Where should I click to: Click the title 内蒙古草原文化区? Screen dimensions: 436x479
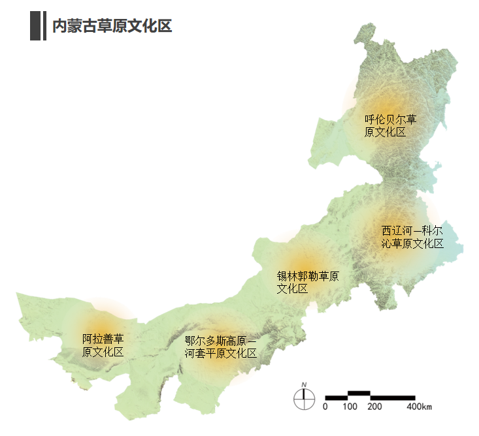pos(112,26)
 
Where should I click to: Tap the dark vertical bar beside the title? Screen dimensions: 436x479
pos(35,26)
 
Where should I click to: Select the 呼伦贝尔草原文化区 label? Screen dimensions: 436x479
pos(391,126)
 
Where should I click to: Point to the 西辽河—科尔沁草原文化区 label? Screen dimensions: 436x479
pos(412,238)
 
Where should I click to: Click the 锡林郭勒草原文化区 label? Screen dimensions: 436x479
pos(308,282)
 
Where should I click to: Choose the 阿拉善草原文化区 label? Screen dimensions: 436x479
pos(103,346)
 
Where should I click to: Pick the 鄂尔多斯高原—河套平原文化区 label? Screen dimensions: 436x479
pos(221,347)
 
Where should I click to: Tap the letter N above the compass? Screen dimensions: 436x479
pos(304,384)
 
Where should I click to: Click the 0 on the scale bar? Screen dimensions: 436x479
pos(325,407)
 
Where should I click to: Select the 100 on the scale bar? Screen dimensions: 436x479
pos(350,407)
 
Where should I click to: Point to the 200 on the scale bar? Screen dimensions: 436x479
pos(374,407)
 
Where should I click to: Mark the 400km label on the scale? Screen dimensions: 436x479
pos(420,407)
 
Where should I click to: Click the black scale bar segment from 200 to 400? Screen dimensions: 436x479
pos(393,397)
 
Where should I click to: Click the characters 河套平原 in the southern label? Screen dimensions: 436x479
pos(210,354)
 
